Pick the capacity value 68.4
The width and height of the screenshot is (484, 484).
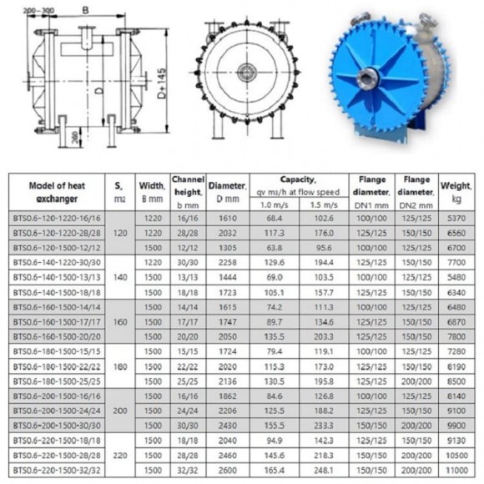[275, 218]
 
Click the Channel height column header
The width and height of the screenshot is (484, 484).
[188, 191]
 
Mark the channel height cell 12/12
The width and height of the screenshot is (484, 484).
[188, 247]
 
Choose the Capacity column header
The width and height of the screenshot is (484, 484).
[298, 179]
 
